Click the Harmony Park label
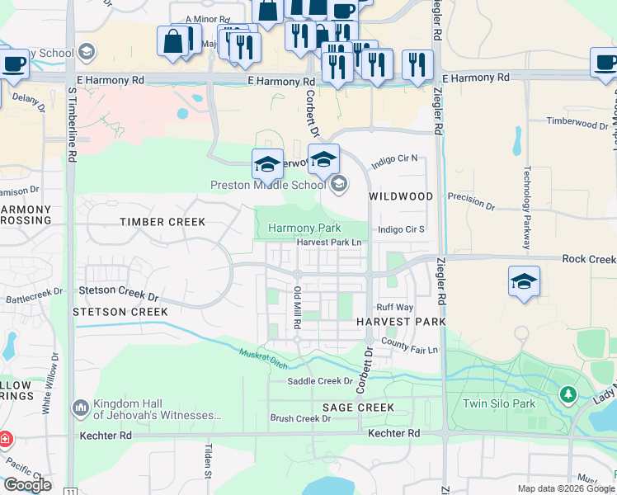[304, 228]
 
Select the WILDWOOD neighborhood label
[401, 196]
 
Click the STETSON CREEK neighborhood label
[120, 312]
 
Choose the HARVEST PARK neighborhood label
[401, 321]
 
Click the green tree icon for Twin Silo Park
[568, 394]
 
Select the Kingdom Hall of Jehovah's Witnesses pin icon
[81, 408]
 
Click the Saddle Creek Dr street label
[320, 381]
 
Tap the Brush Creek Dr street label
[300, 418]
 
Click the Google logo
[27, 484]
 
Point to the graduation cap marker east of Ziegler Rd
[523, 282]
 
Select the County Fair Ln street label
[410, 350]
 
